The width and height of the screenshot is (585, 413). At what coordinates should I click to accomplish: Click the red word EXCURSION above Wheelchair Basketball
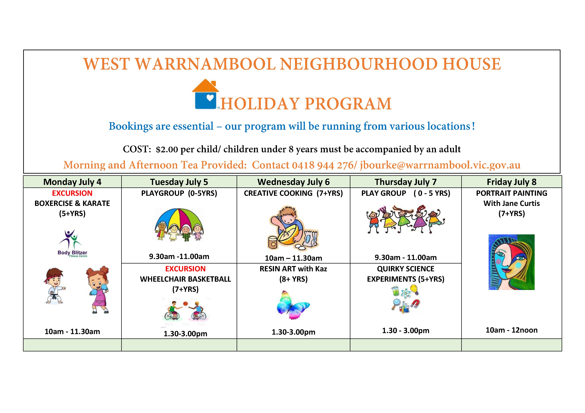tap(185, 269)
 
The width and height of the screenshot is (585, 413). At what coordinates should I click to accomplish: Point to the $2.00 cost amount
tap(167, 149)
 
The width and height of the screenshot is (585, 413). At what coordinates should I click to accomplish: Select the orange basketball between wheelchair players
tap(185, 303)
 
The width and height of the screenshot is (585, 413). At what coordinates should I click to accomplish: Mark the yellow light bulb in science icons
tap(415, 289)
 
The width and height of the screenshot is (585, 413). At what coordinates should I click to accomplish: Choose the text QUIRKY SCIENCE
tap(406, 269)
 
